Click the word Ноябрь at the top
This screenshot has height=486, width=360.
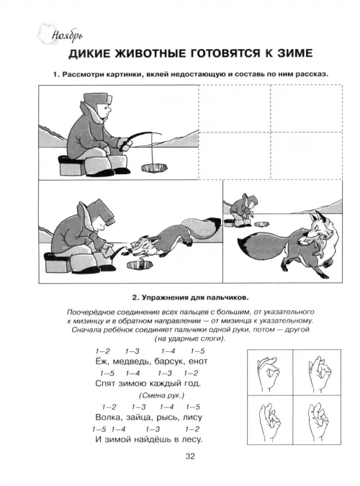[67, 36]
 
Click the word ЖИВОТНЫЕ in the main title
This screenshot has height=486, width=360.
[150, 53]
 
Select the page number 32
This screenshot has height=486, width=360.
[190, 456]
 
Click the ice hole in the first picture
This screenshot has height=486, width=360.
[154, 168]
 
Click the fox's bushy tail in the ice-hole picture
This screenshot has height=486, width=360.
[202, 228]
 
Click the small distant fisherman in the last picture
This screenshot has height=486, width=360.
[244, 210]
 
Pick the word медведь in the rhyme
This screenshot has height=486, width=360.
[132, 361]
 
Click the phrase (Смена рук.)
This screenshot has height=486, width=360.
[161, 395]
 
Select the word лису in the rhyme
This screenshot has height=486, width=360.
[192, 418]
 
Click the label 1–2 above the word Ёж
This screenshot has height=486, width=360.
[102, 351]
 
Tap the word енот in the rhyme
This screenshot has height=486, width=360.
[198, 361]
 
